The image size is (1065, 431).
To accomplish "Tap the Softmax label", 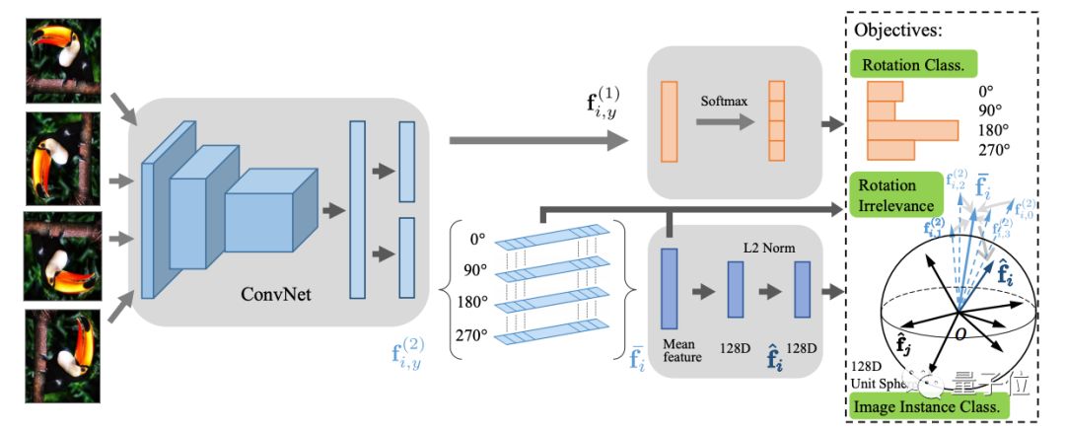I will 723,101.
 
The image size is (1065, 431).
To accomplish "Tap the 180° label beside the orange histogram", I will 986,129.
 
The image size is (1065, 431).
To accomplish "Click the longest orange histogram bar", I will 912,130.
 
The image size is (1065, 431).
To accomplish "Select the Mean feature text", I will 679,350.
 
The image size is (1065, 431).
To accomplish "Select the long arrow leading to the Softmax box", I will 538,140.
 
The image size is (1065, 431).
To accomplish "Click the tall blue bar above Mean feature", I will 670,288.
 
